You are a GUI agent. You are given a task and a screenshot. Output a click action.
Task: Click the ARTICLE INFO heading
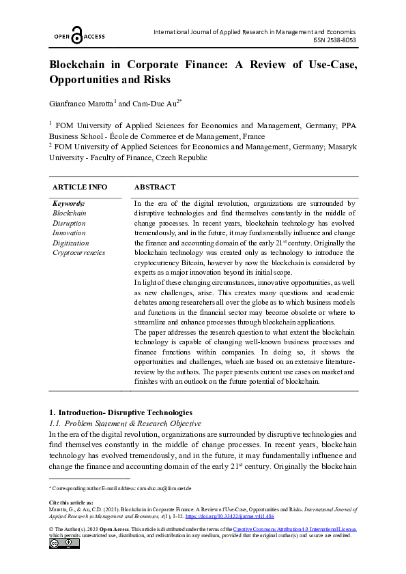pos(80,187)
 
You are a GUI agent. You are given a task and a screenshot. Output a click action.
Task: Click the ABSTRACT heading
pos(155,187)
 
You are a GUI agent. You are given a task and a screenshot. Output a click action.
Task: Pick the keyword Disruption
pos(69,223)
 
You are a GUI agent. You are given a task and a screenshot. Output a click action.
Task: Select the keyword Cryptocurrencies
pos(78,252)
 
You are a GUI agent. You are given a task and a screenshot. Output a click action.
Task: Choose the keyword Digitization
pos(70,243)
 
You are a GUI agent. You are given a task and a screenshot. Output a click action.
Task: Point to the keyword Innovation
pos(70,232)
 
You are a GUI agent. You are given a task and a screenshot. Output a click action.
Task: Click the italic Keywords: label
pos(69,203)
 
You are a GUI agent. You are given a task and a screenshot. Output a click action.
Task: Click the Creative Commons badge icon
pos(64,543)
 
